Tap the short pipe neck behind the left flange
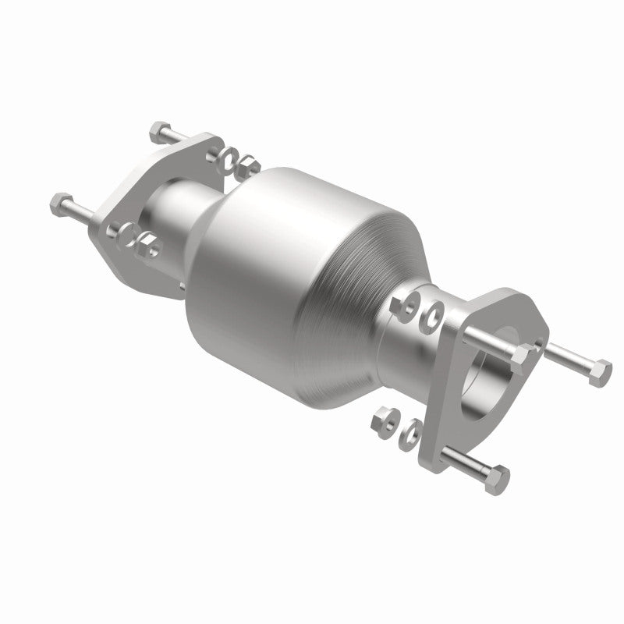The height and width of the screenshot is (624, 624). [175, 211]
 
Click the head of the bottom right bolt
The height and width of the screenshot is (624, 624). [498, 477]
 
